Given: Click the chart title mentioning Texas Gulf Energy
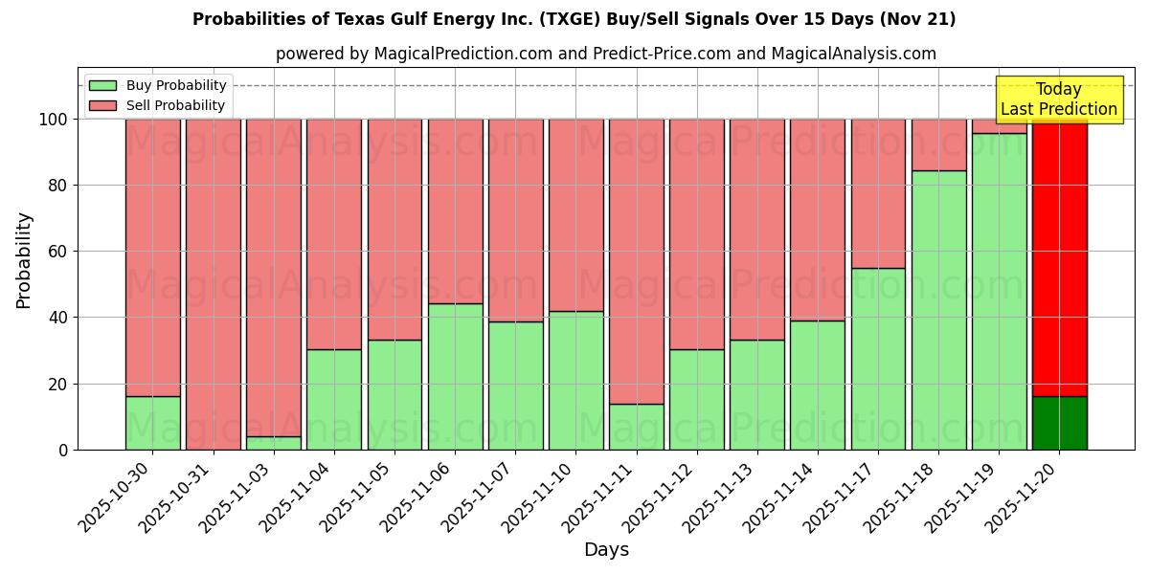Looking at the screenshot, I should pos(574,19).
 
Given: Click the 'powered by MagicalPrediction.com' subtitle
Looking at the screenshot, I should pos(605,55).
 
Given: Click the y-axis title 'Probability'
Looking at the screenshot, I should pos(24,259).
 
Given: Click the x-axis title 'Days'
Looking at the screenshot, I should pos(606,550).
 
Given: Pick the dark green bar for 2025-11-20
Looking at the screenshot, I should pos(1059,423).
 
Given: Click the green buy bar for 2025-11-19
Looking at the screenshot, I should pos(999,291).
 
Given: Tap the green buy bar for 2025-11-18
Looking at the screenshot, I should pos(938,310).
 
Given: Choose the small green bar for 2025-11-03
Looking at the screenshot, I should pos(274,443).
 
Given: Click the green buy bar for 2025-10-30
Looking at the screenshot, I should pos(153,423).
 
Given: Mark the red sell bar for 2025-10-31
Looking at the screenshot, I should pos(214,284).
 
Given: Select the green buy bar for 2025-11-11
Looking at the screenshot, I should pos(636,427).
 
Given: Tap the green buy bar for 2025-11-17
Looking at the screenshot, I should pos(878,359).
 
